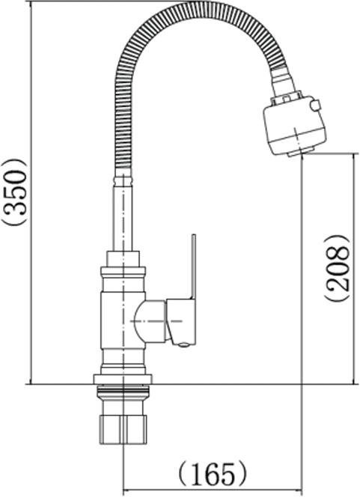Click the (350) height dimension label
click(14, 192)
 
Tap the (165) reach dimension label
click(212, 475)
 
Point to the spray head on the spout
click(295, 125)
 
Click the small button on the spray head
click(316, 105)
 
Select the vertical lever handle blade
click(193, 266)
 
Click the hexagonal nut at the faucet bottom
click(123, 429)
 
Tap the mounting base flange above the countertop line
click(123, 379)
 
